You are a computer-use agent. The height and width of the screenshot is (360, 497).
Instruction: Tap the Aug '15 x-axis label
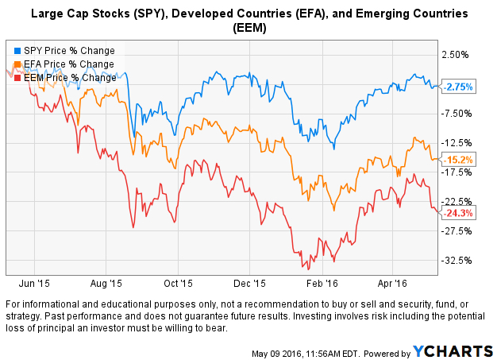tap(106, 282)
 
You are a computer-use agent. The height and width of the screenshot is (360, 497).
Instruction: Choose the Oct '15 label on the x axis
tap(178, 282)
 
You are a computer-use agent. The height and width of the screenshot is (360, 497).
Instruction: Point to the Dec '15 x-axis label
tap(251, 282)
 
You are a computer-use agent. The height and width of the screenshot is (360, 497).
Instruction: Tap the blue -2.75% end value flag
tap(458, 86)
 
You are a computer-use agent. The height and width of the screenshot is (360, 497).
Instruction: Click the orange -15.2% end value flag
tap(458, 160)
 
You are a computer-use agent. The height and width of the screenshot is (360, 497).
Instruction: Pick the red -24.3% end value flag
tap(458, 213)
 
